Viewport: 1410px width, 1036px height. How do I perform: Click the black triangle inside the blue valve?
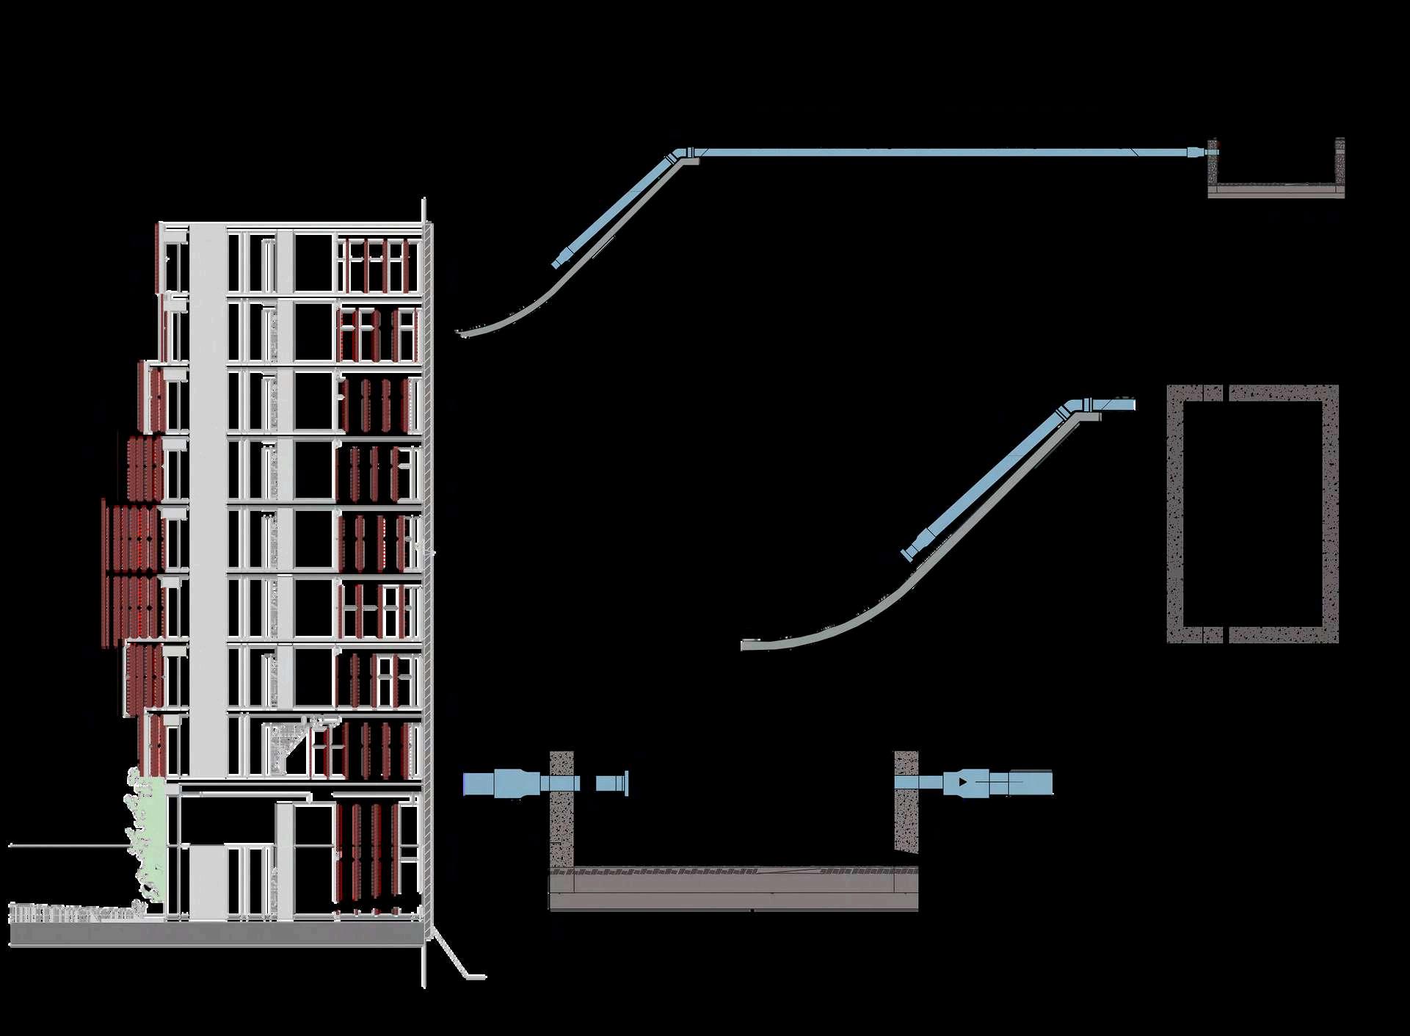(962, 783)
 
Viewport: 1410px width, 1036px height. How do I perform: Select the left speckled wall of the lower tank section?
(562, 808)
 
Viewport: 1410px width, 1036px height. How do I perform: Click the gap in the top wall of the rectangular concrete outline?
(1226, 392)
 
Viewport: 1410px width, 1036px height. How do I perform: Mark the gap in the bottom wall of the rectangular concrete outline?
(1226, 634)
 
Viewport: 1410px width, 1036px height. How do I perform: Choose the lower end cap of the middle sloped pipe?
(909, 551)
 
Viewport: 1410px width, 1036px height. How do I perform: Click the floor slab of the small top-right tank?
(1276, 191)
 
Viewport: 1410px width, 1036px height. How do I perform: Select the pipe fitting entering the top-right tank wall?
(1196, 153)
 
